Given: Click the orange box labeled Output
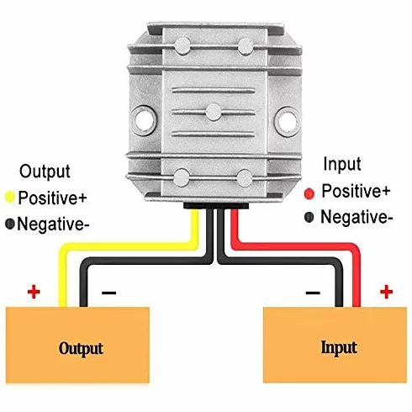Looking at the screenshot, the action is click(77, 345).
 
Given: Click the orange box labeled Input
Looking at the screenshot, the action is click(335, 345).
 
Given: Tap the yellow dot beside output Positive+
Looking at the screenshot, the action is click(10, 197).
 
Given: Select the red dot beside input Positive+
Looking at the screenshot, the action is click(309, 193).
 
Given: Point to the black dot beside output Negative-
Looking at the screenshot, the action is click(10, 224).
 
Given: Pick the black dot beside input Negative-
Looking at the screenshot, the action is click(309, 217).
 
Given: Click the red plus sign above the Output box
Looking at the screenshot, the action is click(34, 292).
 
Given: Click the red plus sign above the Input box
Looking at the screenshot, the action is click(386, 292).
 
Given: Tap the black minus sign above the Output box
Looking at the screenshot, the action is click(108, 293).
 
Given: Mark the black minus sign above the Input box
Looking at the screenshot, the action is click(313, 293).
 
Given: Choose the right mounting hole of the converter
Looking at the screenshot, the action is click(288, 121).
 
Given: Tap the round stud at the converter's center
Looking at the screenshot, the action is click(214, 112).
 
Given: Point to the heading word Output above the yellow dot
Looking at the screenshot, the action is click(45, 172).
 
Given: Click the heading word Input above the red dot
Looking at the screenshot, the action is click(342, 164).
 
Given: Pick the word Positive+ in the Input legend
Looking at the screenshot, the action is click(356, 191).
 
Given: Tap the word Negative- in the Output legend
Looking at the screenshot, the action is click(53, 224).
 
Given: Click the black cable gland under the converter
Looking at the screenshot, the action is click(216, 206).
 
